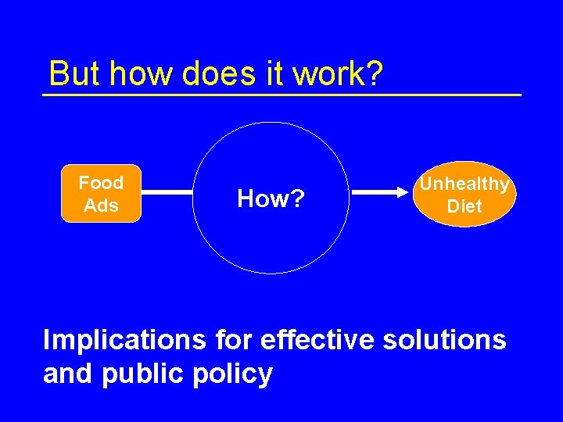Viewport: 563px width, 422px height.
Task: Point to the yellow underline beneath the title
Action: click(x=281, y=95)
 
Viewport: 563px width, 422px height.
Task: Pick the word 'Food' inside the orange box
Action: click(x=101, y=183)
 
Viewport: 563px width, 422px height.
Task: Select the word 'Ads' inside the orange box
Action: click(x=101, y=206)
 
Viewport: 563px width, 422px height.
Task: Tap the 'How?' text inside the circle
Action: click(x=270, y=199)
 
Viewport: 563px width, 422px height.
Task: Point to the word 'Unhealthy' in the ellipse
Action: click(x=464, y=184)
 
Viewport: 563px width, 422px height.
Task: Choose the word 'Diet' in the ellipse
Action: click(x=464, y=207)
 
